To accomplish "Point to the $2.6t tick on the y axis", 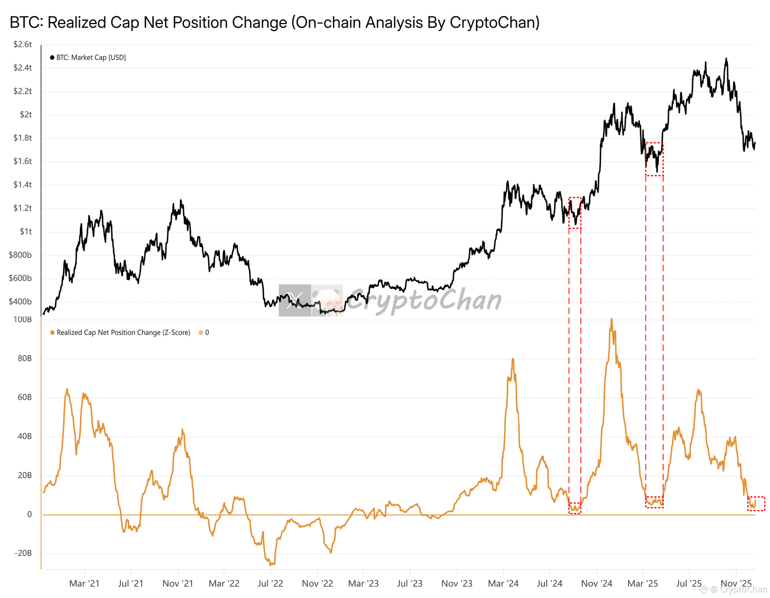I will tap(22, 44).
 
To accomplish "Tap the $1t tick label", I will tap(26, 231).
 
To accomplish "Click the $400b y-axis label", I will tap(20, 301).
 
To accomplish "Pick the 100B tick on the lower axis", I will tap(22, 319).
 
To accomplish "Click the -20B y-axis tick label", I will tap(23, 553).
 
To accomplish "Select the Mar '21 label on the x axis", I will tap(84, 583).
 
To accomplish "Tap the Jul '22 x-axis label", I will tap(270, 583).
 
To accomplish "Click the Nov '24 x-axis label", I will tap(596, 583).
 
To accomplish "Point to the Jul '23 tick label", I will tap(409, 583).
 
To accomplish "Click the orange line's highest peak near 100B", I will tap(611, 319).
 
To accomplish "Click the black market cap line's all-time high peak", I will tap(726, 59).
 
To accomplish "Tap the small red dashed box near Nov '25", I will tap(756, 503).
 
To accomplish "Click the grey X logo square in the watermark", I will tap(295, 300).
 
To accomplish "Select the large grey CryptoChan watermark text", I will tap(423, 300).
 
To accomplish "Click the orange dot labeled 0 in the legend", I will tap(201, 332).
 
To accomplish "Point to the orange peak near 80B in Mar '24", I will tap(513, 359).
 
